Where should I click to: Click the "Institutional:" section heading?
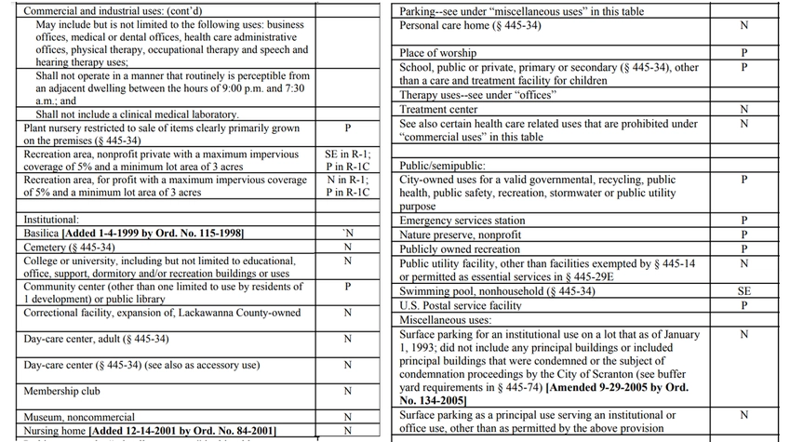[x=51, y=221]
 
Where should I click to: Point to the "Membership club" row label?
[x=61, y=392]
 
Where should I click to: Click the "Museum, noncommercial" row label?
[x=79, y=418]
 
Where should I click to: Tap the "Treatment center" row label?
[x=438, y=110]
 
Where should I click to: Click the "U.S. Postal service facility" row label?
[x=460, y=306]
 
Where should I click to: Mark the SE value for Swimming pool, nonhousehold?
[x=743, y=291]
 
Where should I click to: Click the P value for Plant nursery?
[x=347, y=127]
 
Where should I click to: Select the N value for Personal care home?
[x=743, y=26]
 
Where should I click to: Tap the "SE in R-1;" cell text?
[x=347, y=154]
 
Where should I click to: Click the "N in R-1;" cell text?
[x=347, y=180]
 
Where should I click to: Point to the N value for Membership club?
[x=347, y=392]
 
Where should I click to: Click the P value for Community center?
[x=347, y=287]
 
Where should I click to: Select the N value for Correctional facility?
[x=347, y=313]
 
